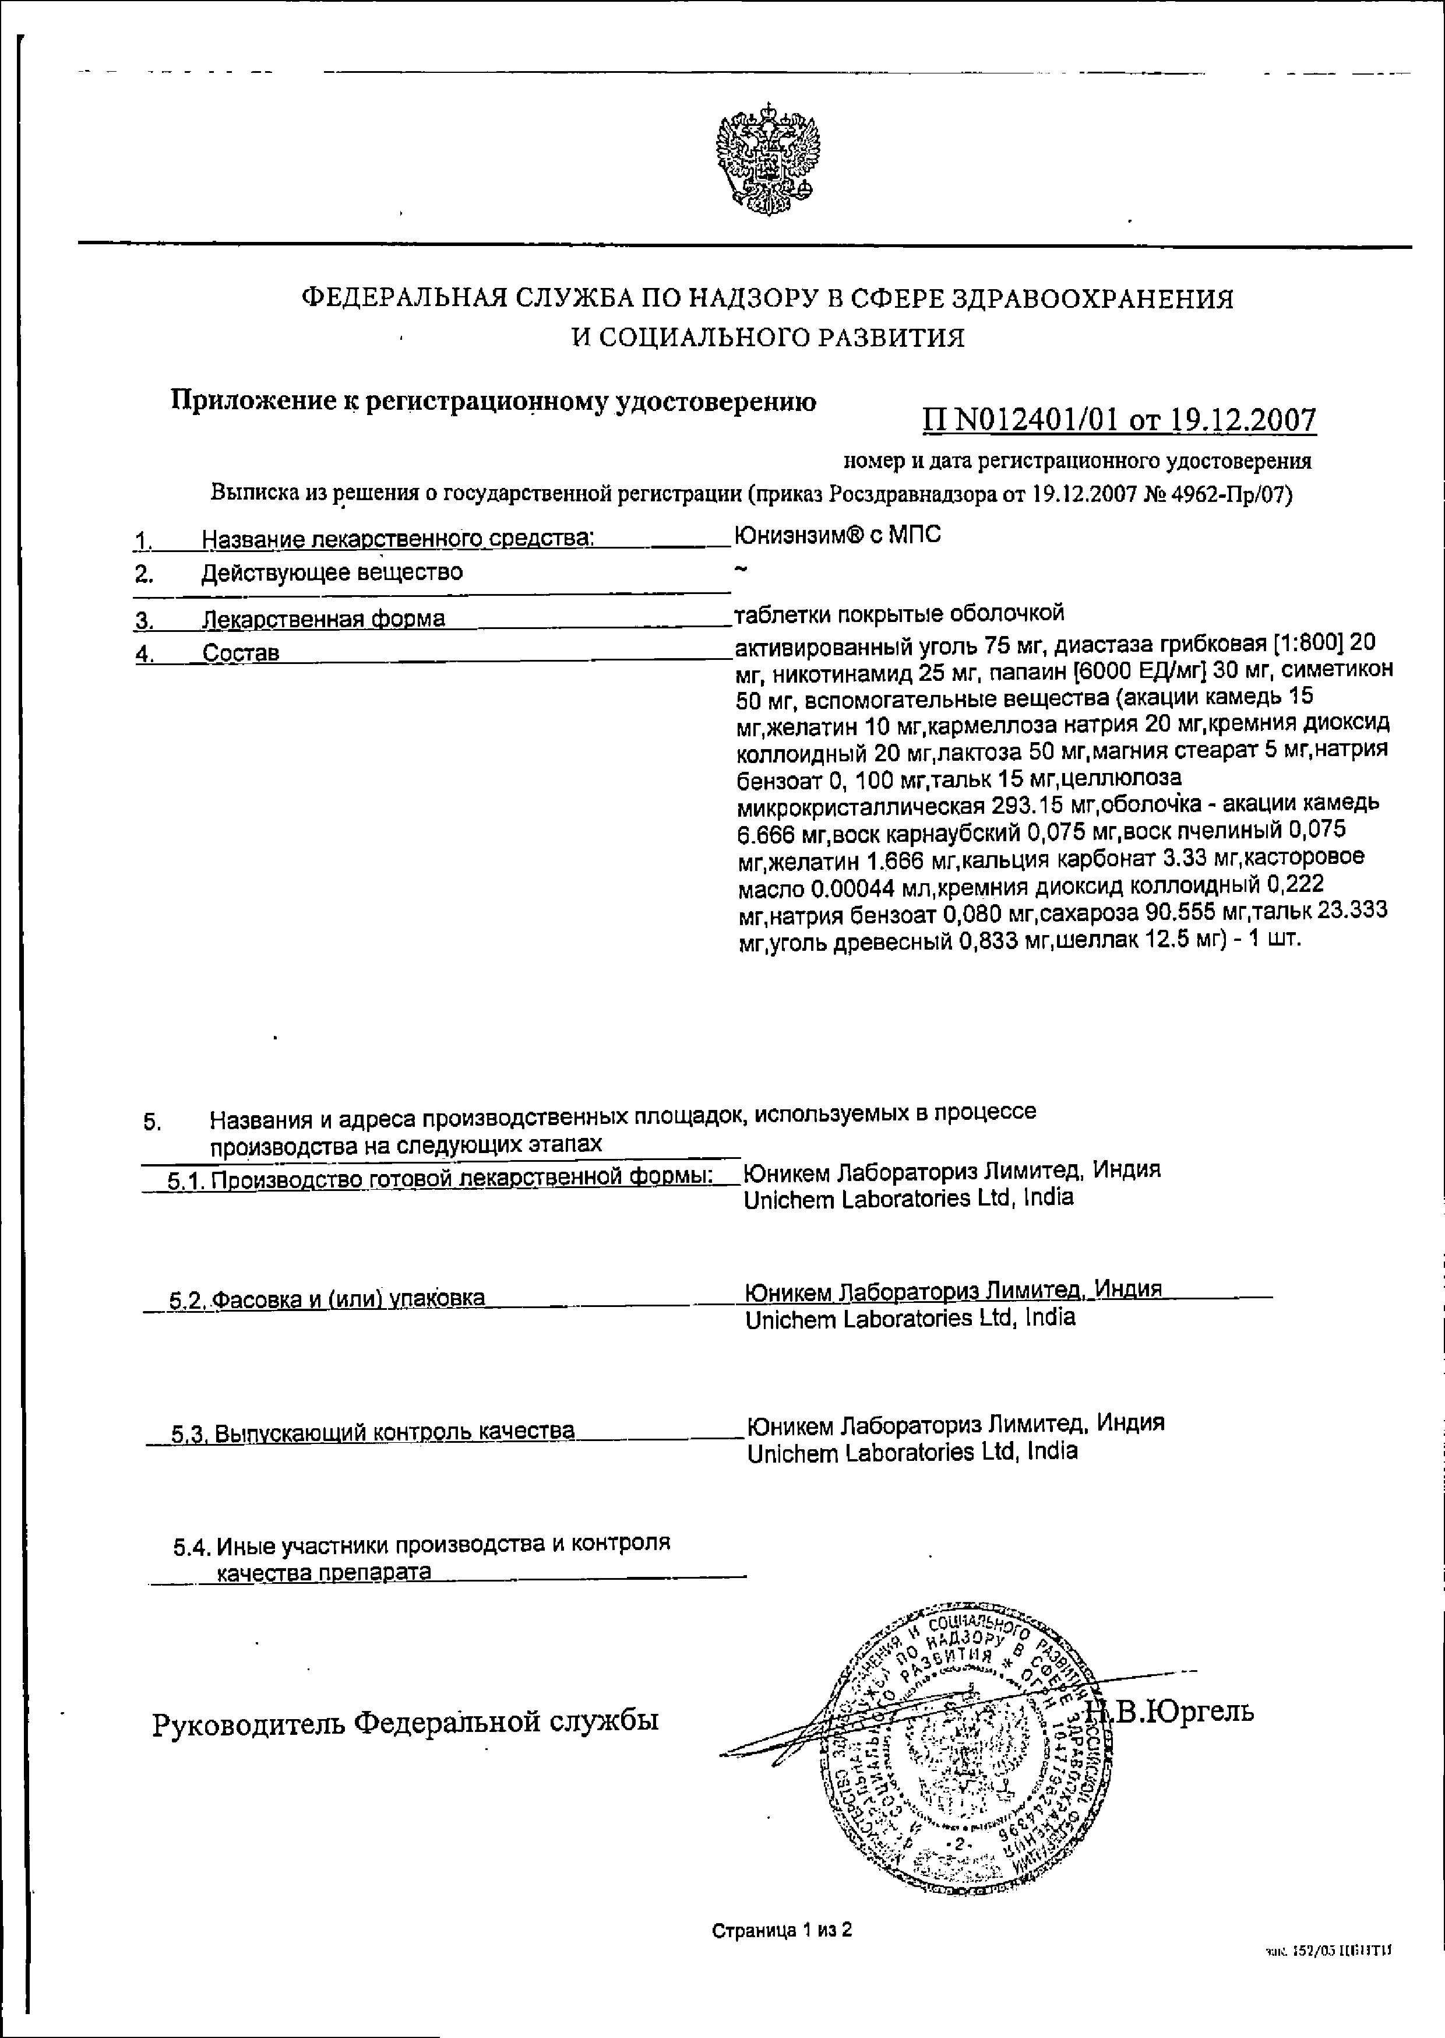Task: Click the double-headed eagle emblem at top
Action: tap(768, 159)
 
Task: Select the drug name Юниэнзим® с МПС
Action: tap(838, 535)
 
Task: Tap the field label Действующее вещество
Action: tap(332, 572)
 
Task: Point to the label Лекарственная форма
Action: tap(324, 619)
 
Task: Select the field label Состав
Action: tap(241, 653)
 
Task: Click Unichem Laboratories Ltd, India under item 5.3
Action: tap(912, 1452)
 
